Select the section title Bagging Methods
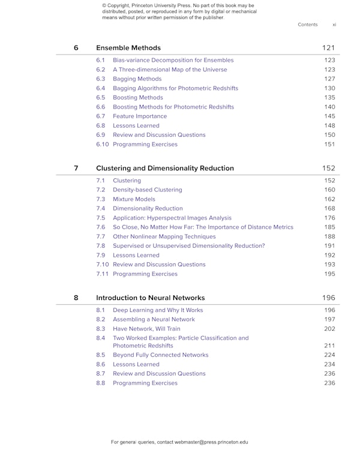click(137, 79)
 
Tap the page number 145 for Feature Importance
click(329, 116)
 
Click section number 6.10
click(102, 145)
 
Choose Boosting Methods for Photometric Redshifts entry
click(173, 107)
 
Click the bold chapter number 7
click(76, 168)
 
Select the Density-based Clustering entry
click(147, 190)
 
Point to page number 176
click(329, 218)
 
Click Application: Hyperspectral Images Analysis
click(172, 218)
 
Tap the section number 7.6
click(100, 227)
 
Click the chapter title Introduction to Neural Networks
click(150, 298)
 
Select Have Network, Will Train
click(146, 329)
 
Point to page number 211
click(329, 346)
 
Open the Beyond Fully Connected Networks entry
click(160, 355)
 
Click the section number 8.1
click(100, 310)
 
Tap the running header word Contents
click(307, 25)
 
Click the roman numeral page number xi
click(334, 25)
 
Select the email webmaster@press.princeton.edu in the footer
click(211, 442)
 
